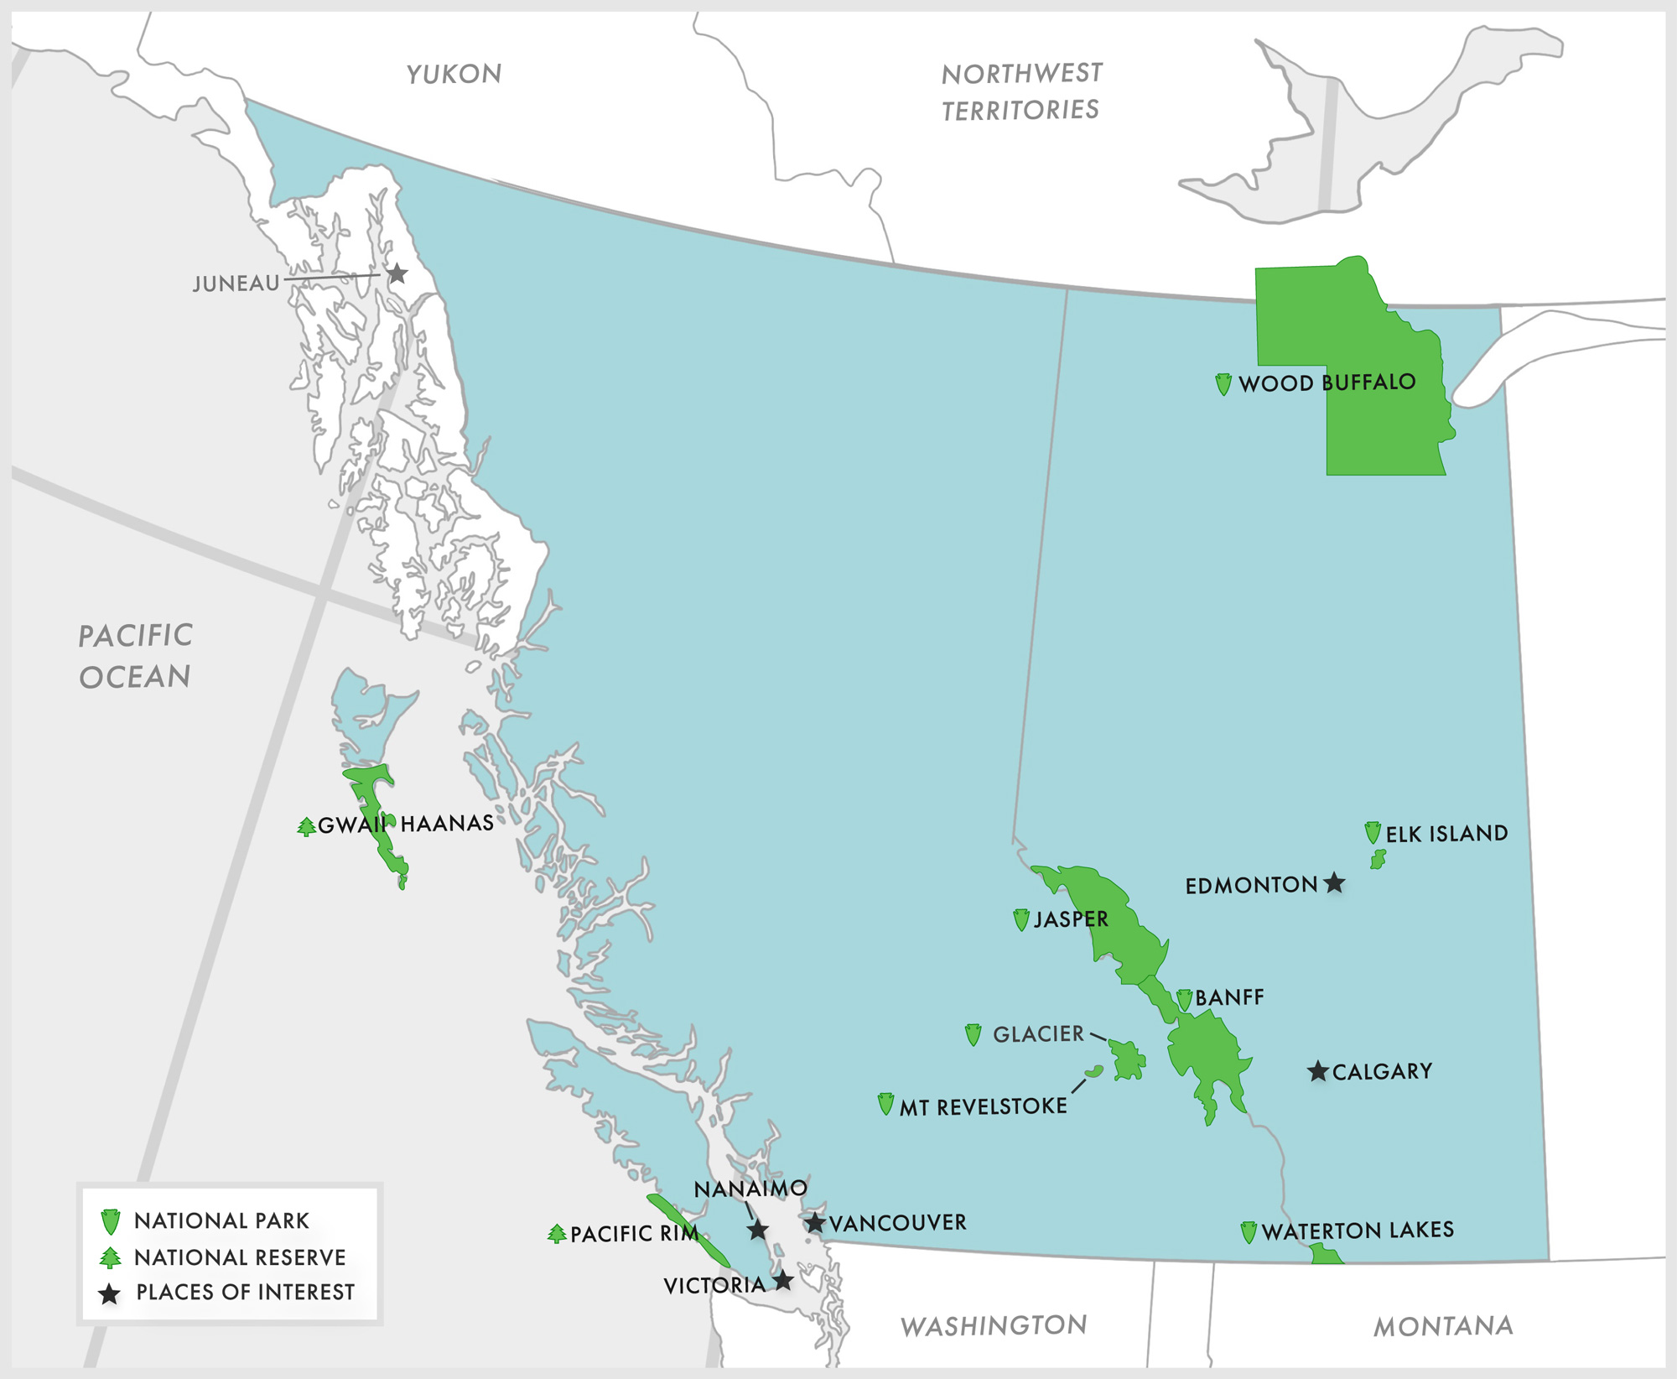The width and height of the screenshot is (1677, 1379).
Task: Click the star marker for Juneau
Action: [x=397, y=273]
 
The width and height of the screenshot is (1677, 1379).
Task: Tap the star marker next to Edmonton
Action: [x=1335, y=882]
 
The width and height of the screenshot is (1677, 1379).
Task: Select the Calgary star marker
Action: [x=1318, y=1071]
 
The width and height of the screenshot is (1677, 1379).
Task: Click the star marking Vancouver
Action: [x=815, y=1222]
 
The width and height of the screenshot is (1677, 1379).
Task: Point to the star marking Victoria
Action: [x=783, y=1281]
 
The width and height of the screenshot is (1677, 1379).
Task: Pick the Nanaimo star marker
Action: [x=758, y=1230]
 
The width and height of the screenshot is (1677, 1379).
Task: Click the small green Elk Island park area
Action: [x=1378, y=859]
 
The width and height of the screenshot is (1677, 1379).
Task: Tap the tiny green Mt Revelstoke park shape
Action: [x=1094, y=1071]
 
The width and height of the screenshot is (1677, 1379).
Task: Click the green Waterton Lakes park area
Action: [x=1325, y=1255]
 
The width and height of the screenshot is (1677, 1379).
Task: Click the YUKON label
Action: [x=454, y=74]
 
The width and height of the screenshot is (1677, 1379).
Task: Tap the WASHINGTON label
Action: [x=994, y=1325]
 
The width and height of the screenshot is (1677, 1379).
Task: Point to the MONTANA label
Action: [x=1443, y=1326]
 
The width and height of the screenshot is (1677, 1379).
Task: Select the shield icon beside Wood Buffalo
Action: [x=1223, y=384]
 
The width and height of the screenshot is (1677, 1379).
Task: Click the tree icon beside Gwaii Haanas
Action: [x=307, y=826]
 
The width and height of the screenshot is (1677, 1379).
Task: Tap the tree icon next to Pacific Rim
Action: [x=557, y=1233]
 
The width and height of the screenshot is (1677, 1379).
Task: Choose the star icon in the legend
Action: [x=110, y=1293]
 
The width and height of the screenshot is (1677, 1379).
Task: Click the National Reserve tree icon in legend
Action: [x=110, y=1257]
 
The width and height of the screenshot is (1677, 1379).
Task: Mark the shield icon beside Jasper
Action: [x=1021, y=919]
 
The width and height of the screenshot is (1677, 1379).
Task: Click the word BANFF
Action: [x=1229, y=997]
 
